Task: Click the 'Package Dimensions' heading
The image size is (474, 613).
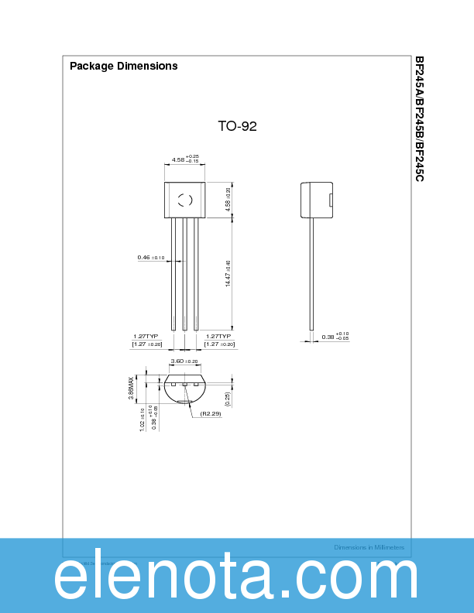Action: tap(124, 66)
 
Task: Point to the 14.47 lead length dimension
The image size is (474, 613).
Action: tap(228, 274)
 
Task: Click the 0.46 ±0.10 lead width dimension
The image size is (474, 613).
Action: tap(151, 257)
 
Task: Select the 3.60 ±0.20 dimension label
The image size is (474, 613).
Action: tap(184, 361)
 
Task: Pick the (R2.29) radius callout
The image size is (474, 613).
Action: tap(211, 414)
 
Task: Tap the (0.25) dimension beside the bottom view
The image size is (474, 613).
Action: tap(228, 399)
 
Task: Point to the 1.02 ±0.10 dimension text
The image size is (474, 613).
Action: tap(143, 419)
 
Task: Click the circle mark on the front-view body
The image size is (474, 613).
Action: tap(185, 200)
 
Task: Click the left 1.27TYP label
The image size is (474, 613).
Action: tap(146, 336)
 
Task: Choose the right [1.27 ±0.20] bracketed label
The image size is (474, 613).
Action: tap(220, 344)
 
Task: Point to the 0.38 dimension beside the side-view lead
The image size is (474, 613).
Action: tap(335, 337)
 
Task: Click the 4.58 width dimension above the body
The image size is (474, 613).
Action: tap(185, 159)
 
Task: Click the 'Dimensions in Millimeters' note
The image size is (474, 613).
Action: tap(369, 547)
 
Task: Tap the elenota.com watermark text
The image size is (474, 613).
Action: tap(236, 578)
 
